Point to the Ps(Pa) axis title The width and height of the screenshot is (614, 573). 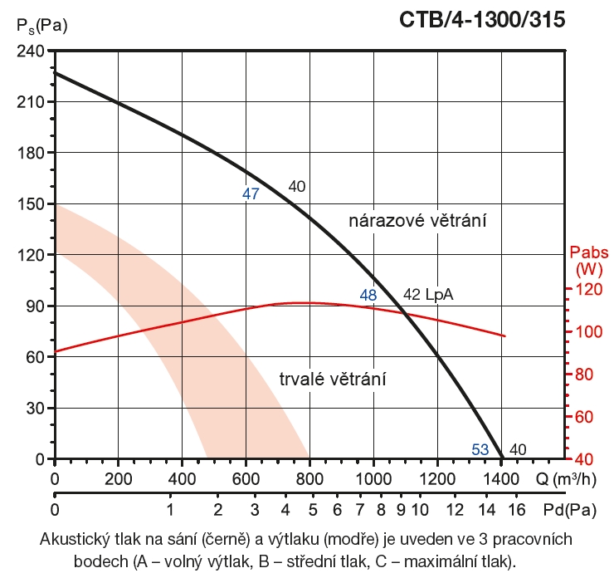click(41, 25)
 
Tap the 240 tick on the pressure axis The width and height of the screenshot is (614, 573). click(31, 51)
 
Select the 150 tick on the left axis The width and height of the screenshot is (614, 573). click(31, 203)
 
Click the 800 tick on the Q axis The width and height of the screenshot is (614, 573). click(309, 479)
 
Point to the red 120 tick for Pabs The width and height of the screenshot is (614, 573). click(587, 289)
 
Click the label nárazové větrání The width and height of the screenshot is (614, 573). click(416, 221)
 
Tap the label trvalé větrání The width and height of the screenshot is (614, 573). click(334, 379)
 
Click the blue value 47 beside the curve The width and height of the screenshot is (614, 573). click(251, 194)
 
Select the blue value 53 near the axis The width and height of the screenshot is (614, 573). click(480, 450)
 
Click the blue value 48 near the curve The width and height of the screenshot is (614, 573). click(368, 295)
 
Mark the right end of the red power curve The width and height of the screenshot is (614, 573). click(504, 335)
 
